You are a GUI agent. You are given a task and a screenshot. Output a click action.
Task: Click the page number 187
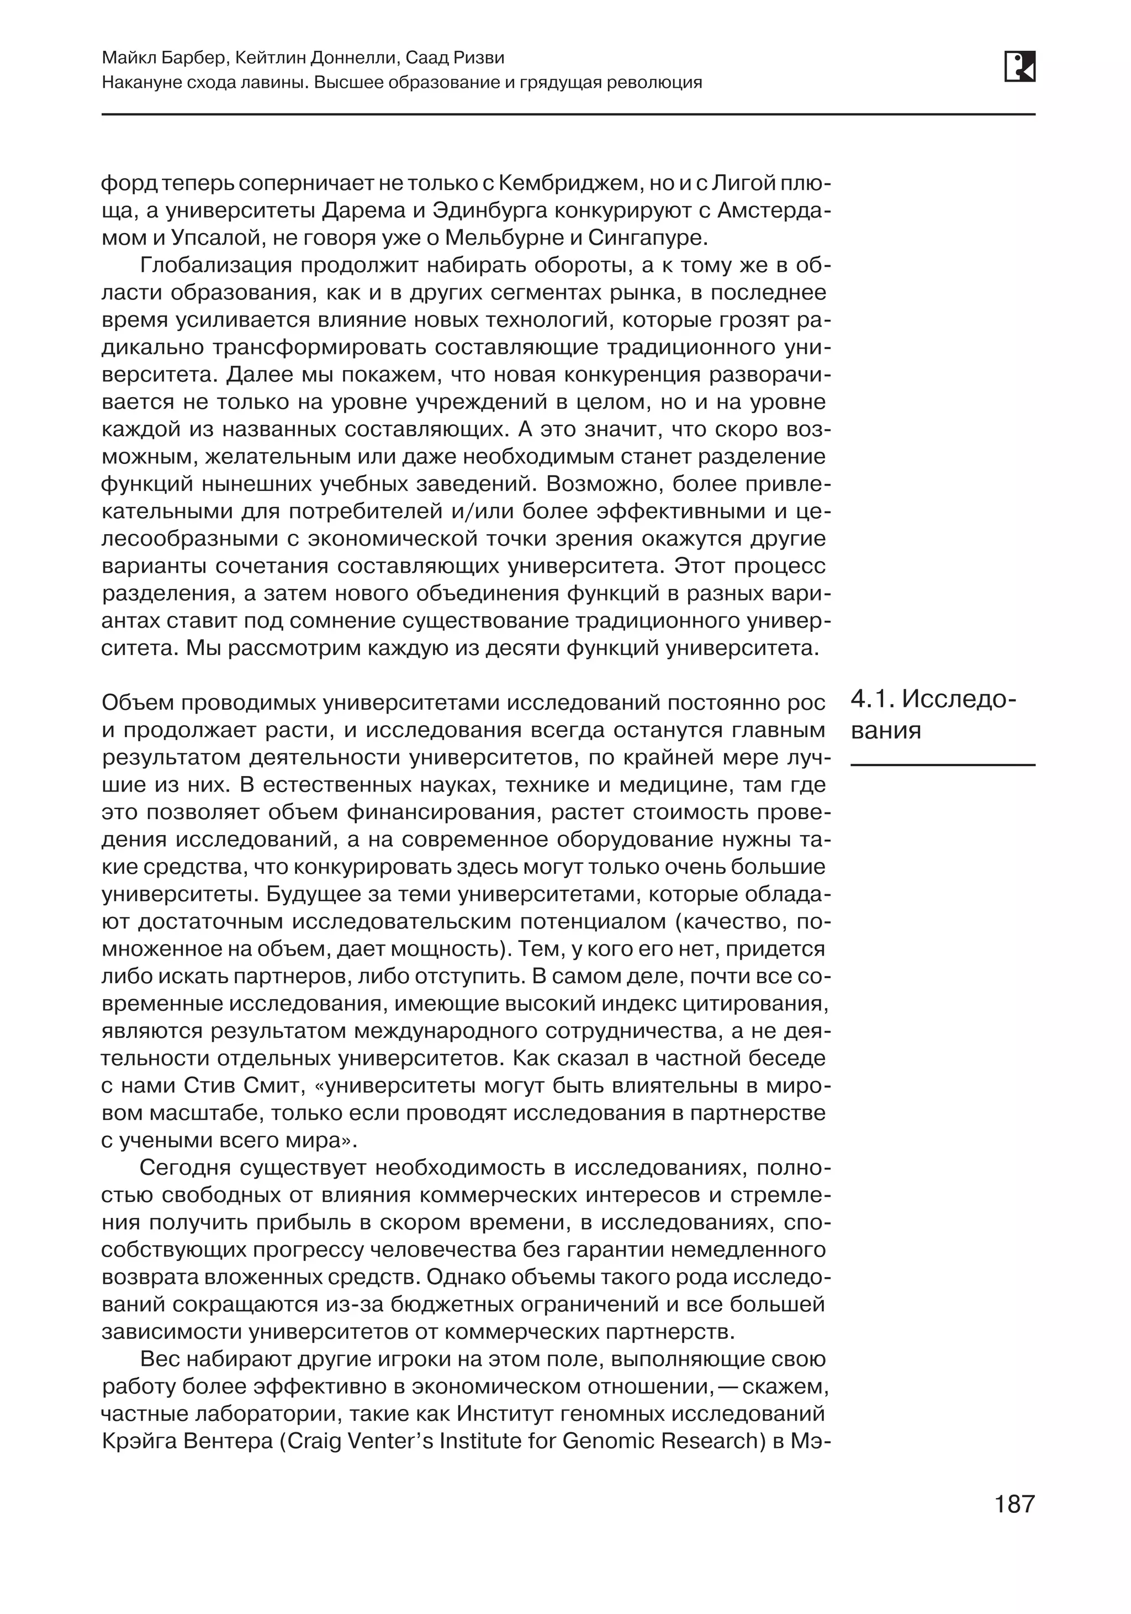(1014, 1504)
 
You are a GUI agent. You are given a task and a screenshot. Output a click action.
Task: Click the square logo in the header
(1019, 67)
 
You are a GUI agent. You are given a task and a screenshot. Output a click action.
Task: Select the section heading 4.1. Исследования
(933, 715)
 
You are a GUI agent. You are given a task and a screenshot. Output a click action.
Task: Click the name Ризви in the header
(478, 57)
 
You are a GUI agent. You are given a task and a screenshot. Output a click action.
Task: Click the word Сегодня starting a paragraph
(186, 1168)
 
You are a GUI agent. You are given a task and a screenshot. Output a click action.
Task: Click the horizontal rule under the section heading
(942, 764)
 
